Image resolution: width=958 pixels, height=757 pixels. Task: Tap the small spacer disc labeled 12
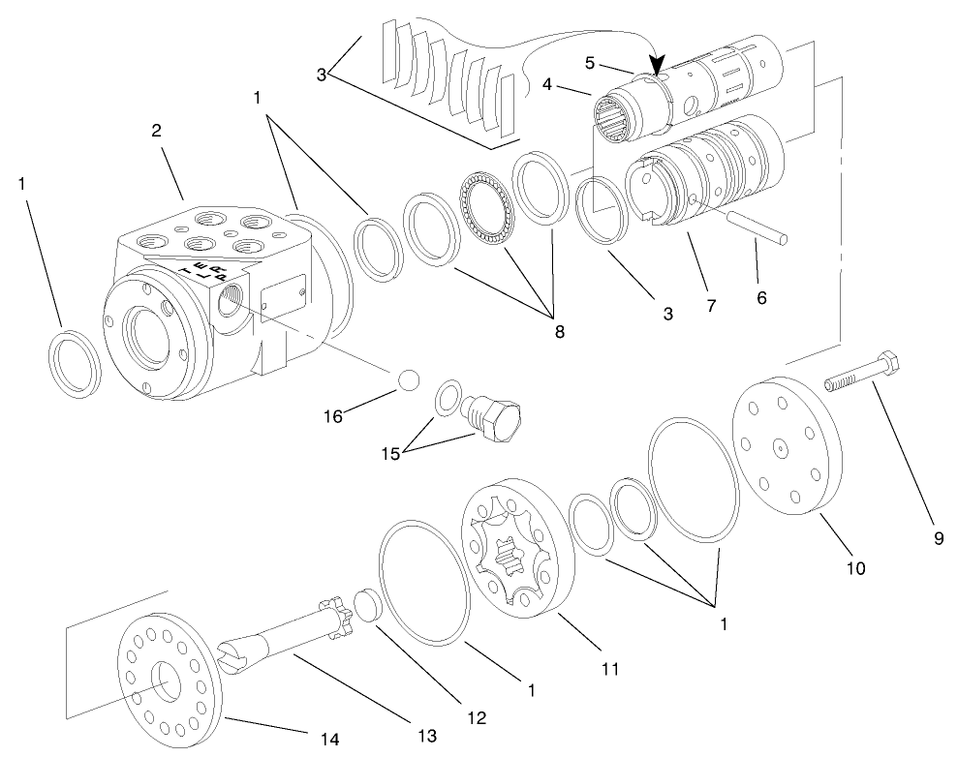point(365,605)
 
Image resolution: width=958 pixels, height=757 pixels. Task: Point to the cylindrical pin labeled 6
point(760,233)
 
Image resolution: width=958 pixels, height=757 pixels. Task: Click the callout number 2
point(155,132)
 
